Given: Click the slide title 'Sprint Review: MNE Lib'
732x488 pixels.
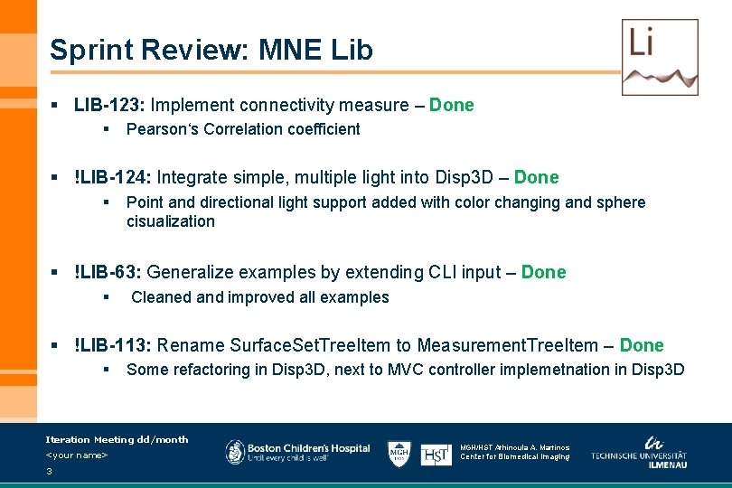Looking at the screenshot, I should pos(211,50).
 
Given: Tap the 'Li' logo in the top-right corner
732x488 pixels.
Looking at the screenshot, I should pos(660,56).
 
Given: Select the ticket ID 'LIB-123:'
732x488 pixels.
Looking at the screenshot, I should pos(109,105).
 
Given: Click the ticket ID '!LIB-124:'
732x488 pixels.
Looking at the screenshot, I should pos(114,177).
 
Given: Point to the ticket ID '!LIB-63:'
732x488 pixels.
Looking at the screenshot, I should pos(108,272).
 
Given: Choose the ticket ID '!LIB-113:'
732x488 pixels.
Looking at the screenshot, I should pos(114,345).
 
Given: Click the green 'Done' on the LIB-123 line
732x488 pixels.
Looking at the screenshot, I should pos(452,105).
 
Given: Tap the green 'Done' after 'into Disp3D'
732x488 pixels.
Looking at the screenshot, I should pos(537,177).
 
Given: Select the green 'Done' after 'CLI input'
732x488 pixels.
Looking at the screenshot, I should pos(544,272).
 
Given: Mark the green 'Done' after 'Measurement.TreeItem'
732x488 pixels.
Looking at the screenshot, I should pos(642,345).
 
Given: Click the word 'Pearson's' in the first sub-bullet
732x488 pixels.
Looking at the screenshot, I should pos(163,129).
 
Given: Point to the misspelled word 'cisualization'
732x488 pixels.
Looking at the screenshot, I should pos(171,221).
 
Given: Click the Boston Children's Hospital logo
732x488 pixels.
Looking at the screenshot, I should pos(298,452).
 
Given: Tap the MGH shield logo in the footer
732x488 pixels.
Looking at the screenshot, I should pos(399,453).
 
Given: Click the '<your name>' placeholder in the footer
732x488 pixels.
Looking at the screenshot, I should pos(77,455).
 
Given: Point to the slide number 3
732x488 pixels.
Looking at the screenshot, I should pos(49,471).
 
